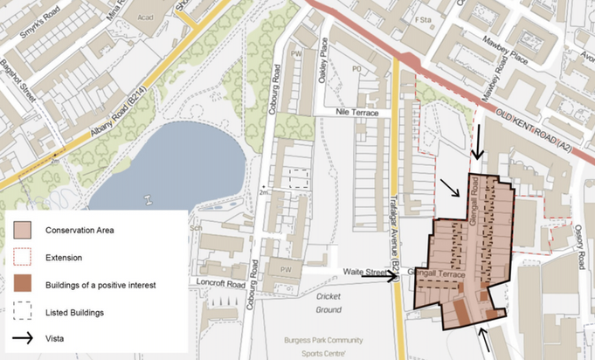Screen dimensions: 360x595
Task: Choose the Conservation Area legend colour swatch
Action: point(24,231)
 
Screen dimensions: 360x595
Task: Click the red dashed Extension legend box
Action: point(24,258)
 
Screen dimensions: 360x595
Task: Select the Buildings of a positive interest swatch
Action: point(24,284)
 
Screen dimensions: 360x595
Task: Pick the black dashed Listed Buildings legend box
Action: point(24,311)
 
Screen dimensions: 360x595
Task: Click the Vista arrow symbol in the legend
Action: point(24,337)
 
